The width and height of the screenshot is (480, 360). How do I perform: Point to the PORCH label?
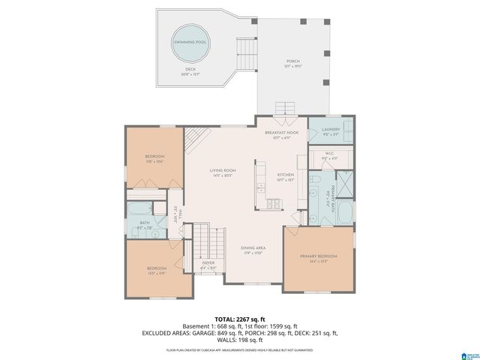292,61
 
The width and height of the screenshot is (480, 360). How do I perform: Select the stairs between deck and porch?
246,52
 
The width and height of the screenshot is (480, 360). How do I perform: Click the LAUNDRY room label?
331,129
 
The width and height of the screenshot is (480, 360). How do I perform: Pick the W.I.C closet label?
331,157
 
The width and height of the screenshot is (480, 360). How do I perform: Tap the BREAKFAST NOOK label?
282,132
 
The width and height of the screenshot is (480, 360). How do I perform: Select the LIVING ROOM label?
223,171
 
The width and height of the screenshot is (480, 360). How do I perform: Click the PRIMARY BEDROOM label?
319,257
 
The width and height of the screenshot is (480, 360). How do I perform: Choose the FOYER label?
208,263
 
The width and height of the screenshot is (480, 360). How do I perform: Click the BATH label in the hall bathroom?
145,223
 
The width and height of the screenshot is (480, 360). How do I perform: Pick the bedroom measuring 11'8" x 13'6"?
154,157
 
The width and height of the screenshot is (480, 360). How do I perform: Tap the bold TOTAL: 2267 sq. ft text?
240,319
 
